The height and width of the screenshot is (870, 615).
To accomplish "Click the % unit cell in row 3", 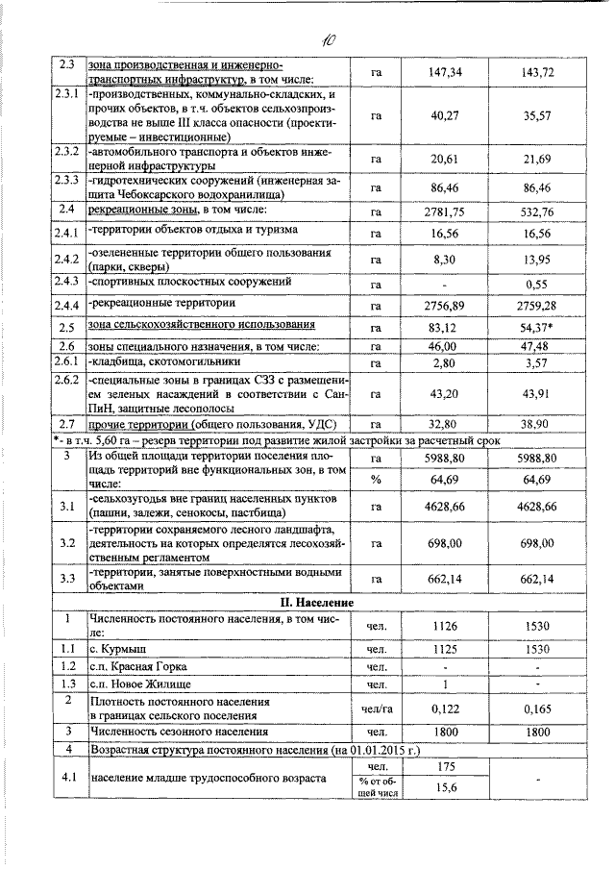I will (376, 478).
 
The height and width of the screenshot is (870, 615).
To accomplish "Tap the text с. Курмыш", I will (113, 650).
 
